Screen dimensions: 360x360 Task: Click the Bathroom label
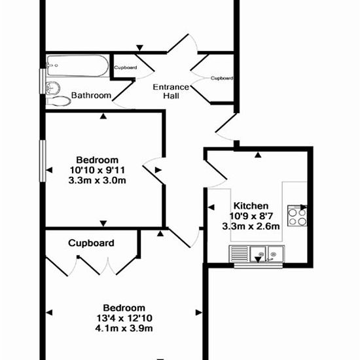click(x=91, y=96)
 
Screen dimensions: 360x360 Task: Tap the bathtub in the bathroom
click(x=78, y=65)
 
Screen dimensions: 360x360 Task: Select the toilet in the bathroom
click(x=58, y=101)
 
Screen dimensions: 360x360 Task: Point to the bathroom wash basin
click(x=53, y=88)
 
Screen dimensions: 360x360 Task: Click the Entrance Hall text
click(x=171, y=91)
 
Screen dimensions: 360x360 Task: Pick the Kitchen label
click(x=251, y=206)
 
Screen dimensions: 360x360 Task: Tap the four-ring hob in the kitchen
click(x=297, y=216)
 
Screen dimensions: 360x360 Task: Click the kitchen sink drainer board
click(x=239, y=253)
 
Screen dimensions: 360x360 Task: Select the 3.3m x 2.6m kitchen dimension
click(x=251, y=226)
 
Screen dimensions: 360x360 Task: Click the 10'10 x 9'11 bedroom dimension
click(x=98, y=170)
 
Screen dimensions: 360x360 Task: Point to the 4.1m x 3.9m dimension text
click(x=124, y=329)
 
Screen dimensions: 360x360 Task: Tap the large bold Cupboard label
click(x=91, y=243)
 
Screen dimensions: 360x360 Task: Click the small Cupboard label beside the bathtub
click(x=126, y=67)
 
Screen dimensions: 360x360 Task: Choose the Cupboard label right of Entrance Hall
click(x=222, y=78)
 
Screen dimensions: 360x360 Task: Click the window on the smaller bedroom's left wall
click(x=43, y=161)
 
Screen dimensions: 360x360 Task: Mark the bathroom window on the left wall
click(x=43, y=81)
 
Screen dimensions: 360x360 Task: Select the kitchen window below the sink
click(x=258, y=266)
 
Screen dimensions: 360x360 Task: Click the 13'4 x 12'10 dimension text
click(x=124, y=318)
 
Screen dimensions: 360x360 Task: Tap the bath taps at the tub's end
click(x=52, y=65)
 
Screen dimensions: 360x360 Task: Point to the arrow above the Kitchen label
click(x=259, y=155)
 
